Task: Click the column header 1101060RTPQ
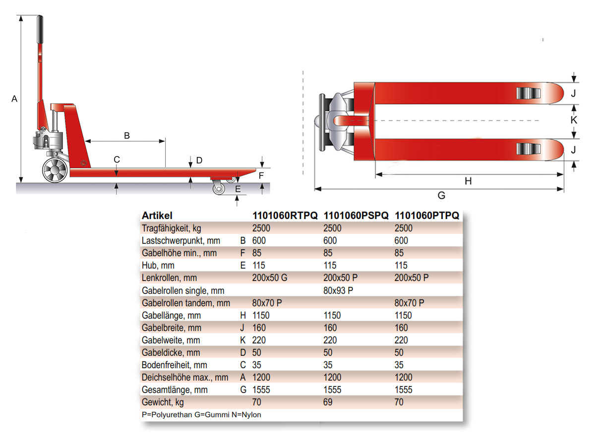coord(285,216)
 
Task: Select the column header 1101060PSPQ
coord(356,216)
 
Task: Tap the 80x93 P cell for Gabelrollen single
coord(338,290)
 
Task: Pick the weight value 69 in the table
coord(327,402)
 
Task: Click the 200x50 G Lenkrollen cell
coord(269,278)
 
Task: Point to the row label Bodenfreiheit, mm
coord(175,365)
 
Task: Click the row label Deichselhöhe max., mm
coord(185,378)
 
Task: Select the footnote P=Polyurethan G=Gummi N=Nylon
coord(201,415)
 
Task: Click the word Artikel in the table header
coord(157,216)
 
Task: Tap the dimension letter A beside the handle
coord(14,99)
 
